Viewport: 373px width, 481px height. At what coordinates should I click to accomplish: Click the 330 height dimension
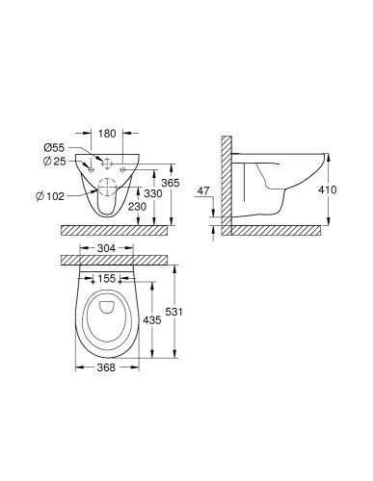151,193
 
